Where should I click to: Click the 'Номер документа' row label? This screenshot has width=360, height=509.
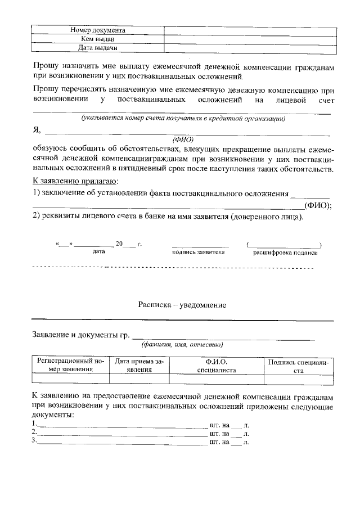[97, 30]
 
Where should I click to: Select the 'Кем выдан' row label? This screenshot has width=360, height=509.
[97, 39]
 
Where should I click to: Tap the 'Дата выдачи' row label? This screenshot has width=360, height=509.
[97, 48]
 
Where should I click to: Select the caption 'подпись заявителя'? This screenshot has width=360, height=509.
[199, 253]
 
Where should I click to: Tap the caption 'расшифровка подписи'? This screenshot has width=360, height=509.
[285, 253]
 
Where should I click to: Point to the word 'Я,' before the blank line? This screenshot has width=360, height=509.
[37, 132]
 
